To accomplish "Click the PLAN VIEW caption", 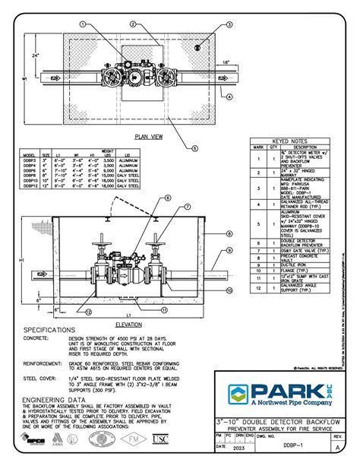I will (x=148, y=136).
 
